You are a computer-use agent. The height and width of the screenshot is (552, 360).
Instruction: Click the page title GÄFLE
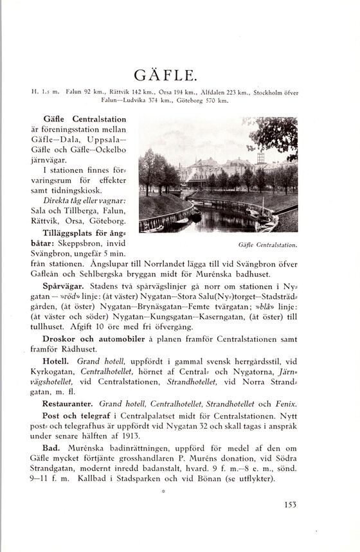179,71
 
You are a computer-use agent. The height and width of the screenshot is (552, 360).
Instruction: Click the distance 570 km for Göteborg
214,100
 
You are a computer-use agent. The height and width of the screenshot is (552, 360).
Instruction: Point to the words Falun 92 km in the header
81,92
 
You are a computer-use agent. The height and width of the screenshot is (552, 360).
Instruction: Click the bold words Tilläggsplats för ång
83,233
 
